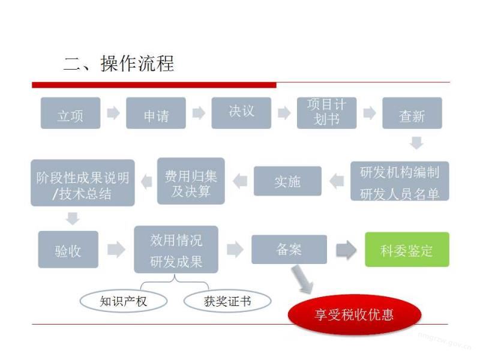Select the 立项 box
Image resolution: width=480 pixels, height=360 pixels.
pos(70,113)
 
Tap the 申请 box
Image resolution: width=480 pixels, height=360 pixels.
pos(156,113)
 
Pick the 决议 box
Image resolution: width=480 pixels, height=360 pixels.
pos(242,112)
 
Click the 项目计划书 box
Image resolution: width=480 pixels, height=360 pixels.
pos(326,112)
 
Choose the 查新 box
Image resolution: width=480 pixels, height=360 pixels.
pos(412,113)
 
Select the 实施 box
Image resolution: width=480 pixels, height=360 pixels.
pos(287,181)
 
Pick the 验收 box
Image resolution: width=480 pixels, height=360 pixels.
pos(68,249)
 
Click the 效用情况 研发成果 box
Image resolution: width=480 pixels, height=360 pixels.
pos(176,249)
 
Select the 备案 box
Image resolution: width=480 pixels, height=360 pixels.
pos(289,249)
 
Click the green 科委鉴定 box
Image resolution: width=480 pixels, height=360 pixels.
pos(407,249)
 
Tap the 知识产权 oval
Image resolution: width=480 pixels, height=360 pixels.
pos(123,301)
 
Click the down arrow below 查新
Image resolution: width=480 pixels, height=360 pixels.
pos(416,143)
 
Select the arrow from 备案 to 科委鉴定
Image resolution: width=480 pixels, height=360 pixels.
pos(346,249)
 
